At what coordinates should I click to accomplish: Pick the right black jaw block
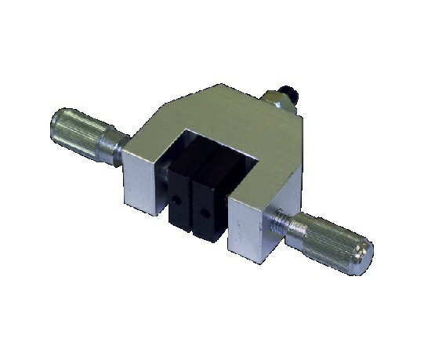pyautogui.click(x=210, y=196)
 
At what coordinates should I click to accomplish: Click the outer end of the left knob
pyautogui.click(x=56, y=125)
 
